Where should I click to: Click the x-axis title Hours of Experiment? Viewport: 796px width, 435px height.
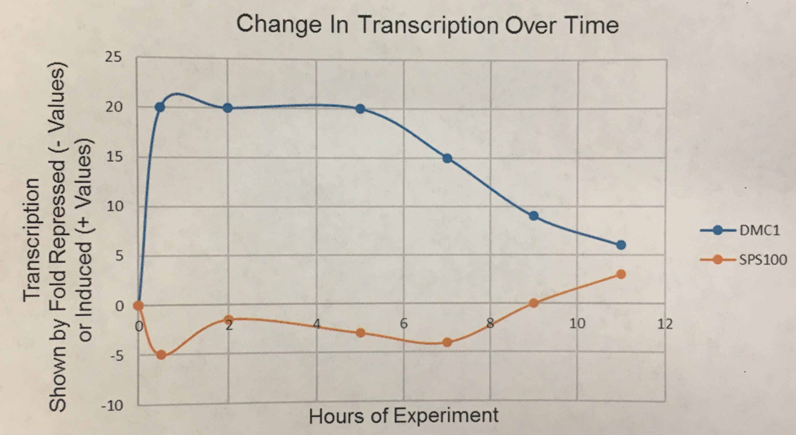pyautogui.click(x=404, y=416)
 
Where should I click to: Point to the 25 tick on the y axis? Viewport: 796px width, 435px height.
pyautogui.click(x=113, y=57)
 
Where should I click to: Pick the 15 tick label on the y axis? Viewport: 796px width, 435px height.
pyautogui.click(x=114, y=157)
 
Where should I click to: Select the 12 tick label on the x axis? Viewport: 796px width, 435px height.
pyautogui.click(x=665, y=324)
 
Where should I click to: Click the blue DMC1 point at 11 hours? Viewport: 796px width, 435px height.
pyautogui.click(x=621, y=245)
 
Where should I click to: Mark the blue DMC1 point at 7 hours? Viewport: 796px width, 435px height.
pyautogui.click(x=447, y=158)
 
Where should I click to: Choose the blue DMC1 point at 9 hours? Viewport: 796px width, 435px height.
pyautogui.click(x=534, y=216)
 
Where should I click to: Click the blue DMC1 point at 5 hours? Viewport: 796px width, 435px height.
pyautogui.click(x=360, y=109)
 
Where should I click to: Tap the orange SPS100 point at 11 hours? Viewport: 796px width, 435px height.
pyautogui.click(x=621, y=274)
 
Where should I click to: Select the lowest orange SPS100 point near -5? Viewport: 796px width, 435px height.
pyautogui.click(x=161, y=355)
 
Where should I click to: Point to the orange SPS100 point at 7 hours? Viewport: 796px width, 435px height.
pyautogui.click(x=447, y=342)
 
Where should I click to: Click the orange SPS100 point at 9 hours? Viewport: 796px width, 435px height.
pyautogui.click(x=534, y=303)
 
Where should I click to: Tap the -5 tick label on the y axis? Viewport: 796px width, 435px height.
pyautogui.click(x=116, y=356)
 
